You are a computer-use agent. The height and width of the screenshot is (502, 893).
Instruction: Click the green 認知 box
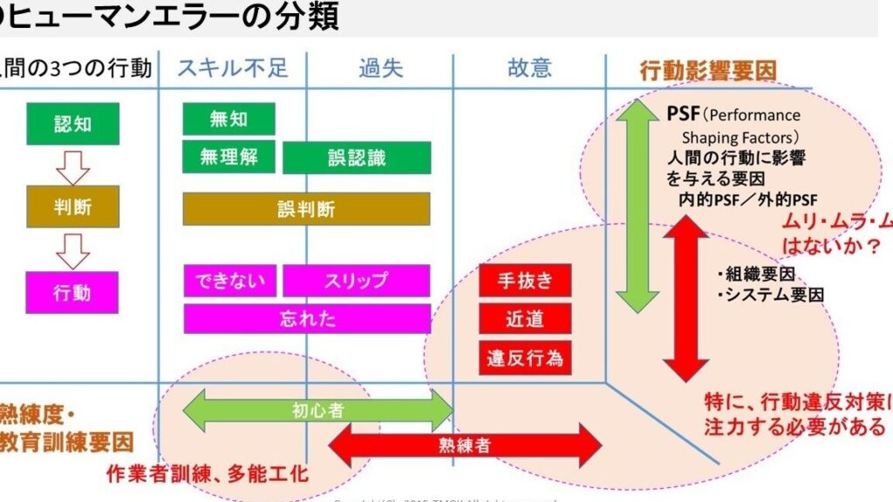pyautogui.click(x=72, y=124)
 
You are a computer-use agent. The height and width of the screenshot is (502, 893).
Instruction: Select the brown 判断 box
pyautogui.click(x=72, y=207)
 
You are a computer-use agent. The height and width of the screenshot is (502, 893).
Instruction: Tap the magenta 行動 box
pyautogui.click(x=72, y=292)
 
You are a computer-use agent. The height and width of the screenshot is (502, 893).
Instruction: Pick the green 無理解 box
pyautogui.click(x=228, y=158)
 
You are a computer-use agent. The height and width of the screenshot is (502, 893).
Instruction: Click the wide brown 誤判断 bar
pyautogui.click(x=306, y=209)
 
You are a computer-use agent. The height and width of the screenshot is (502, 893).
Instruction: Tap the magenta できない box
pyautogui.click(x=230, y=281)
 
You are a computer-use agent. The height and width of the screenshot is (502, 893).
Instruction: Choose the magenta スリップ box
pyautogui.click(x=356, y=281)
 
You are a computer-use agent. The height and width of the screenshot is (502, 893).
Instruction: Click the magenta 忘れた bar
pyautogui.click(x=306, y=319)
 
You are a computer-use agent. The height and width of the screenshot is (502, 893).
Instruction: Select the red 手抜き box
pyautogui.click(x=524, y=281)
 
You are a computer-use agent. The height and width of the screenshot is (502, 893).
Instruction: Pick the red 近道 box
pyautogui.click(x=524, y=319)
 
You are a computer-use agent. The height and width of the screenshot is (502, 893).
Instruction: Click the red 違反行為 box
pyautogui.click(x=524, y=358)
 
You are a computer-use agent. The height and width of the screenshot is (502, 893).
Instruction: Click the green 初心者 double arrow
pyautogui.click(x=317, y=410)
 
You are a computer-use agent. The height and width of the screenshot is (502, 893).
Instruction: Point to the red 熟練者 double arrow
pyautogui.click(x=465, y=445)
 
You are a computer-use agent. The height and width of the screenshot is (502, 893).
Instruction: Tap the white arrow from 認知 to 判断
pyautogui.click(x=72, y=165)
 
